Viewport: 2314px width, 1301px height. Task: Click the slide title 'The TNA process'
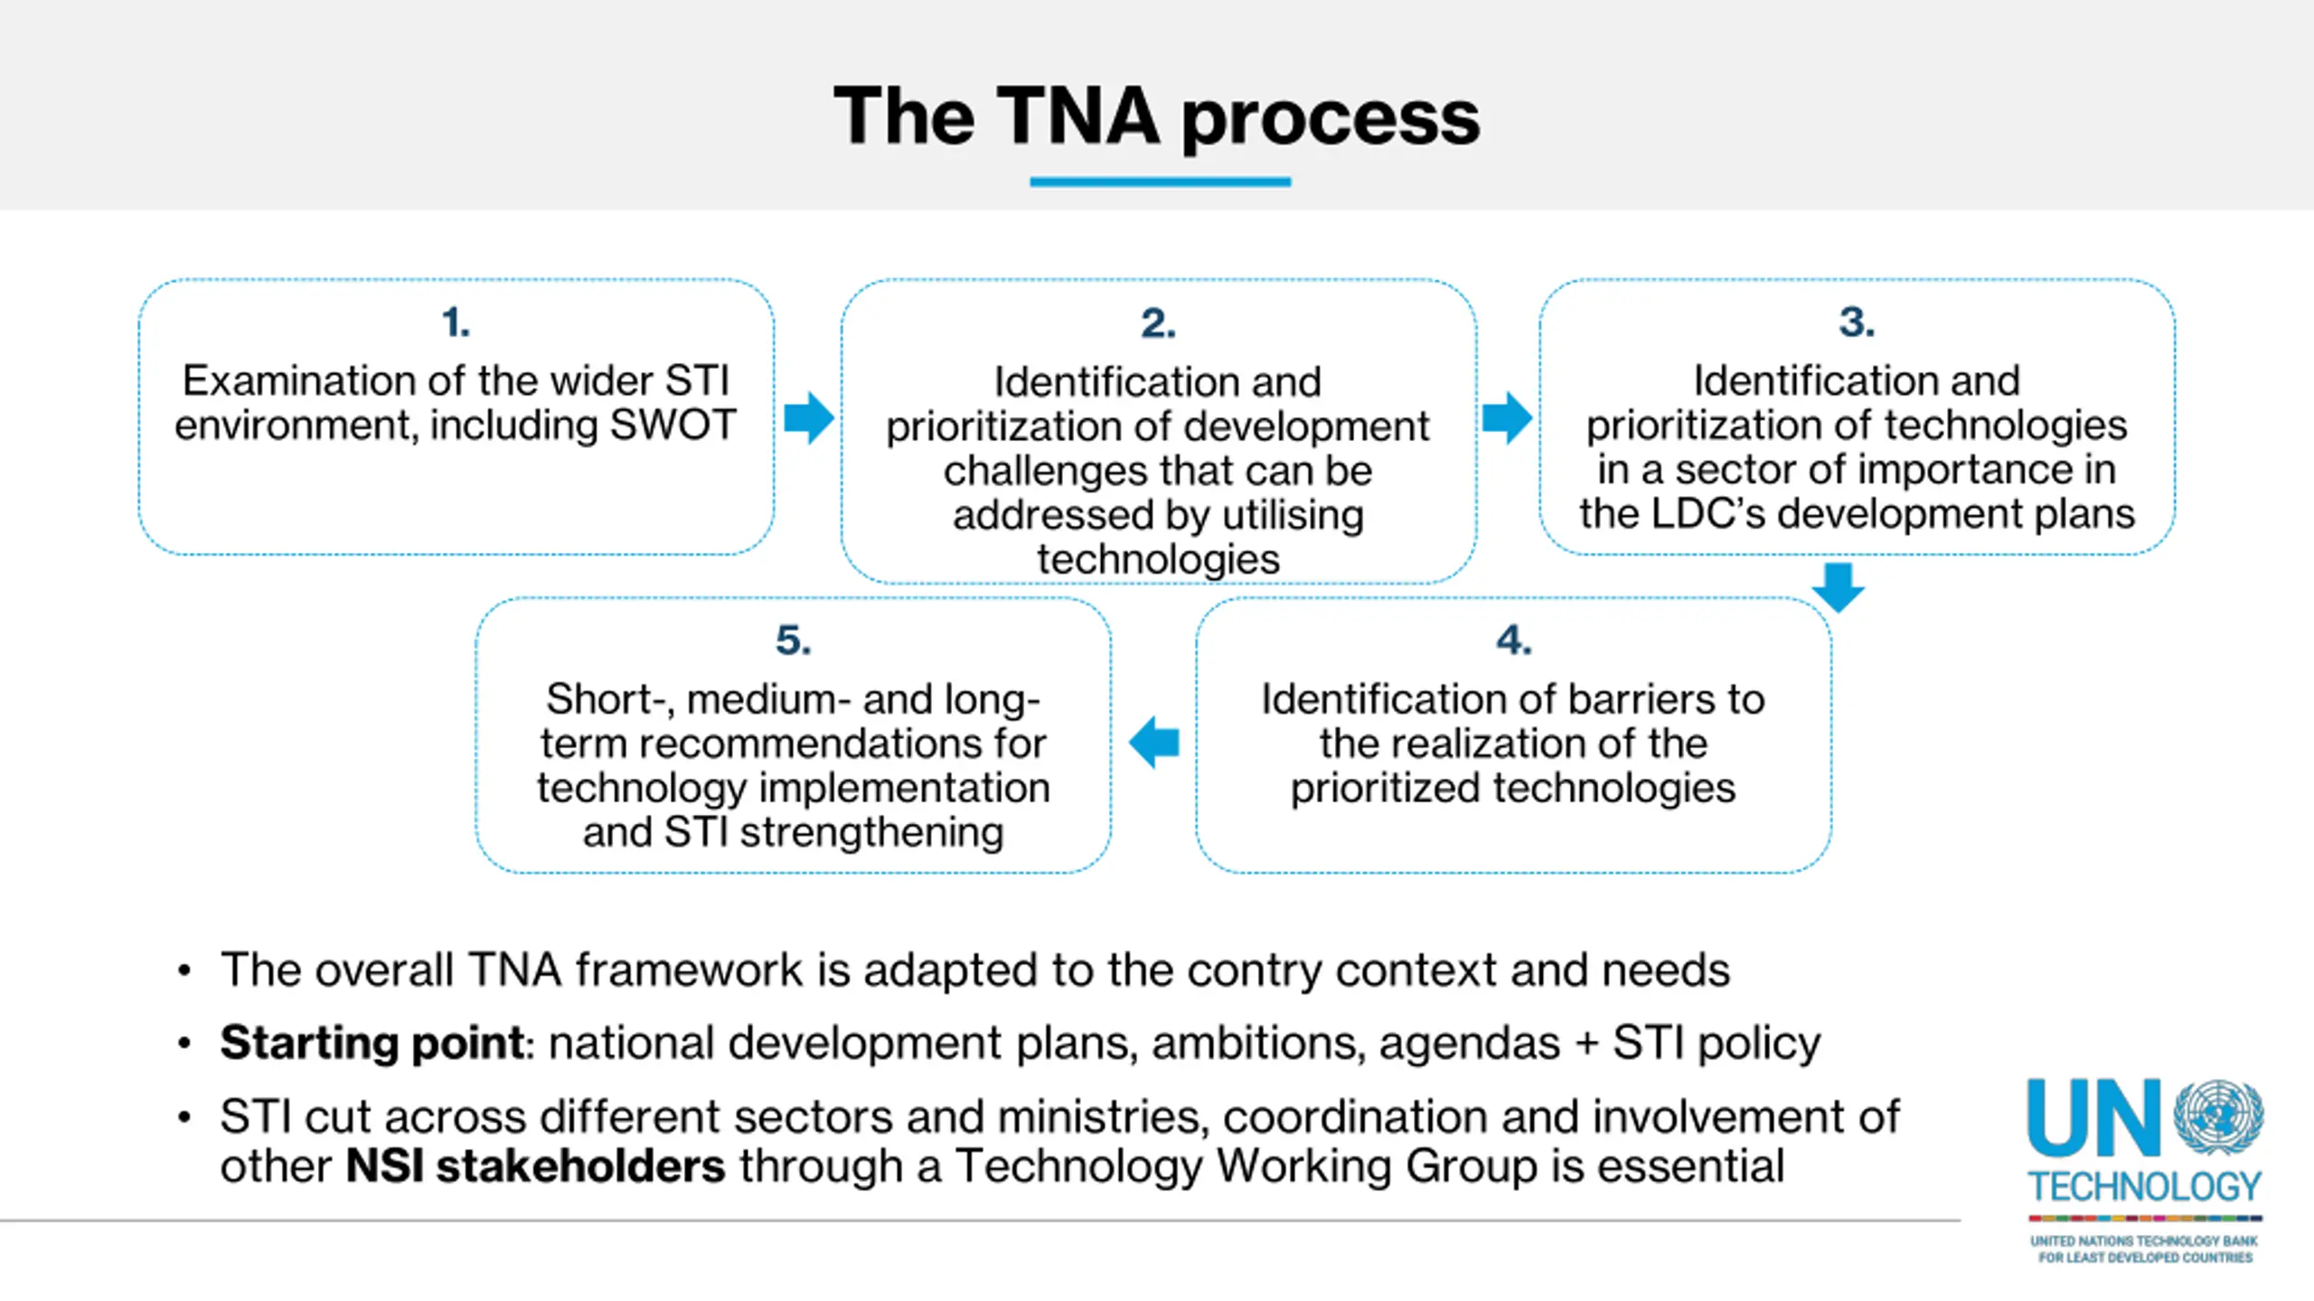(1156, 117)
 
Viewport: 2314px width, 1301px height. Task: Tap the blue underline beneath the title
(1160, 182)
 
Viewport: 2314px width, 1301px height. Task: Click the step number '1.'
(456, 323)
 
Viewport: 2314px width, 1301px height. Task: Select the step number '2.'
(1158, 323)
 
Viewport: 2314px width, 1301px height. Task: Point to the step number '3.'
(1857, 323)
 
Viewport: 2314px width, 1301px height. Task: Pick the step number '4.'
(1513, 641)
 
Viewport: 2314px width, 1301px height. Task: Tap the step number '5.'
(794, 641)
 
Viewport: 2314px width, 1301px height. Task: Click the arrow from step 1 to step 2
(809, 417)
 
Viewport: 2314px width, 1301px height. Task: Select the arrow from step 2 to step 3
(1507, 417)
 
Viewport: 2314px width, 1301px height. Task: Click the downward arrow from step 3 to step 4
(1838, 587)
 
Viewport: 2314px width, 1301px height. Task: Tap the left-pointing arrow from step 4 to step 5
(1154, 742)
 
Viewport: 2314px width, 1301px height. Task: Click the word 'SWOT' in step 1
(673, 426)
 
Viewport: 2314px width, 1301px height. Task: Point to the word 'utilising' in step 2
(1293, 515)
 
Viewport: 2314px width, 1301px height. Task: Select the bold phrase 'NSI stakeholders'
(535, 1165)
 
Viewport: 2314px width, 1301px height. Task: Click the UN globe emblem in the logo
(2218, 1117)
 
